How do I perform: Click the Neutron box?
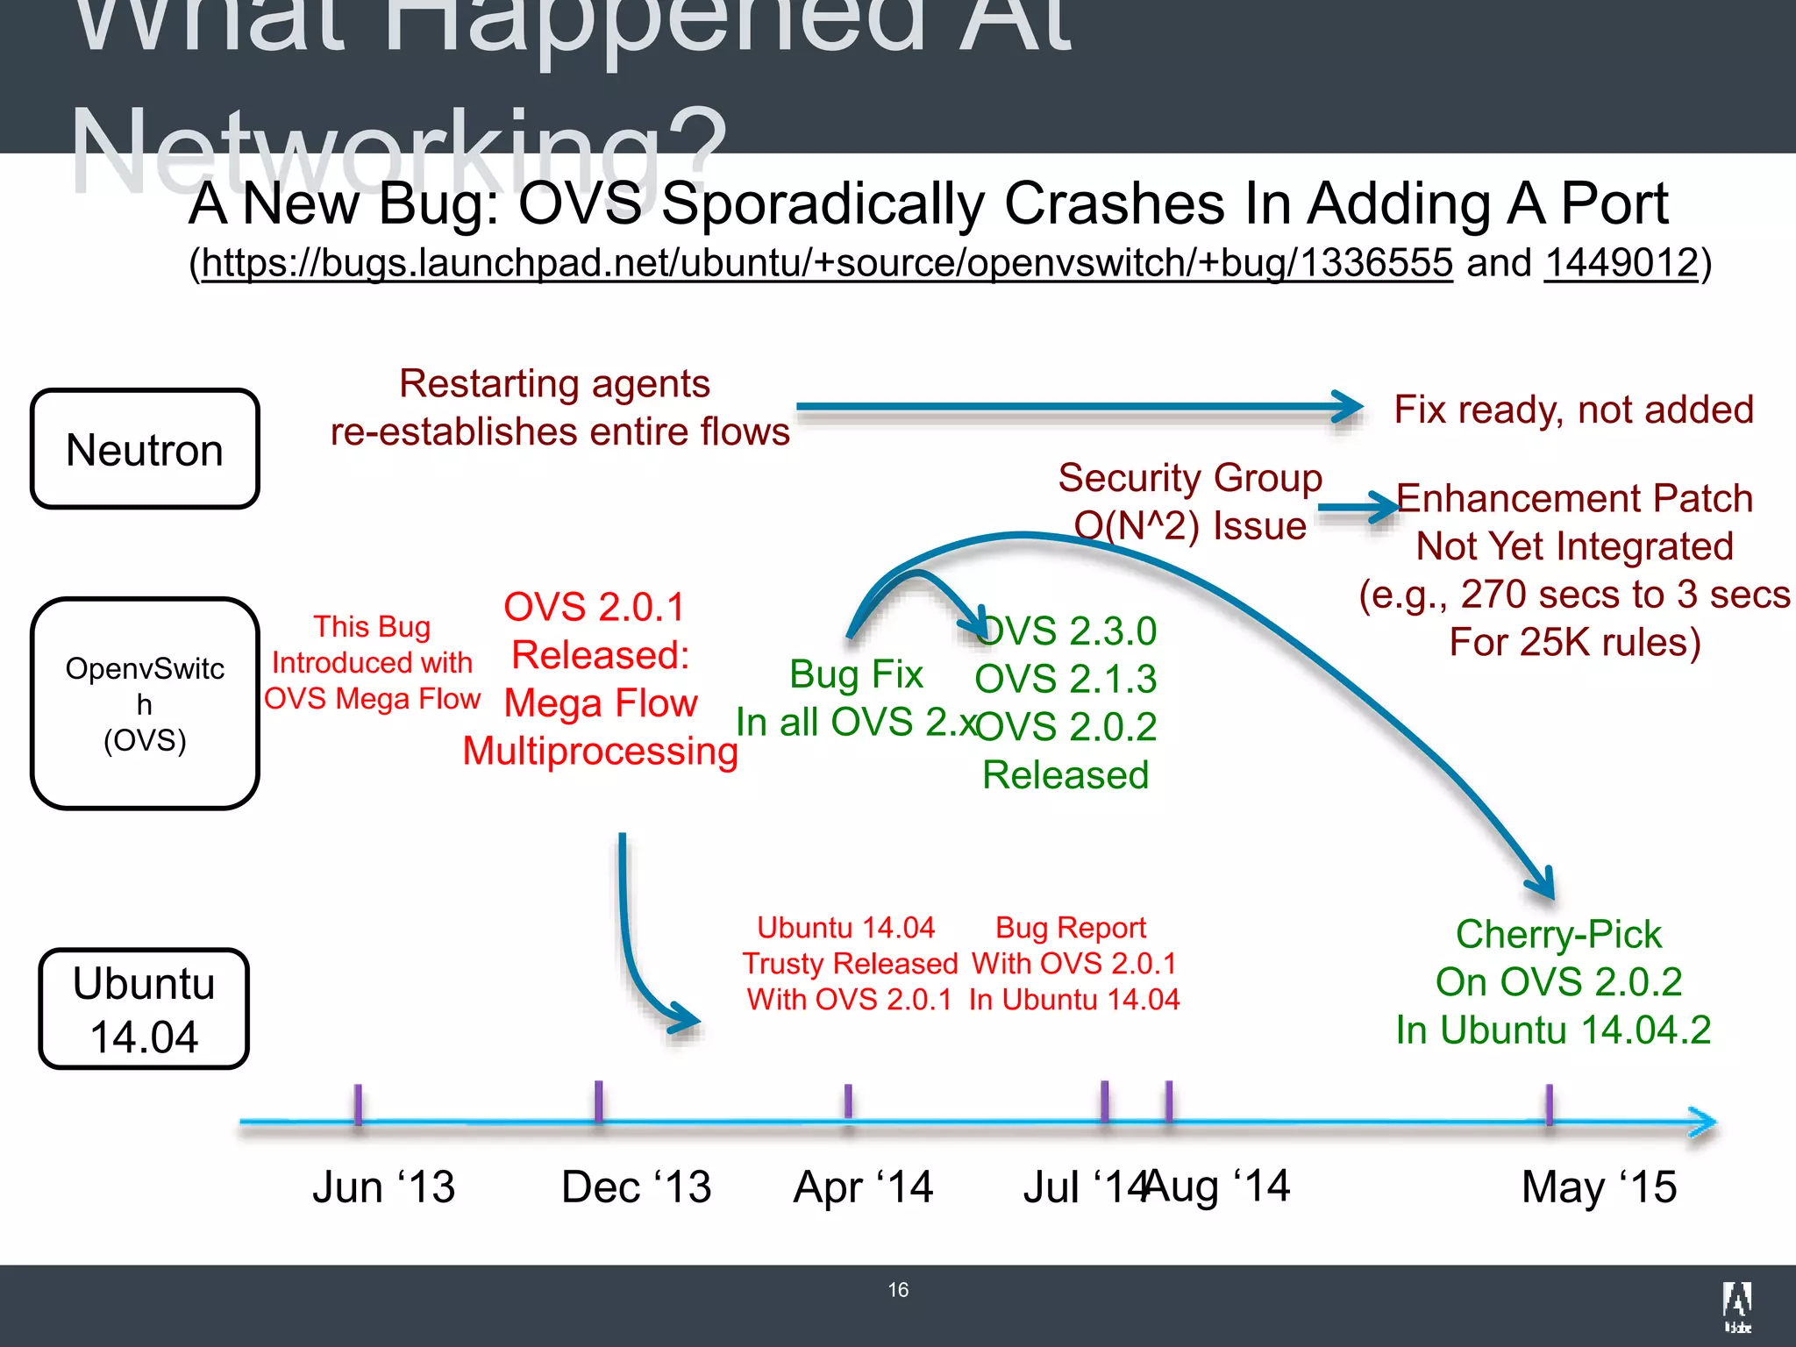(145, 449)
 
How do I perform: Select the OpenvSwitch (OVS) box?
(145, 703)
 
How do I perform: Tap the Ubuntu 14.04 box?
(145, 1008)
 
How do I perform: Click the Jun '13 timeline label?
(384, 1187)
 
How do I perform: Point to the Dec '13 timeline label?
(636, 1187)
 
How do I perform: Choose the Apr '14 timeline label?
(863, 1187)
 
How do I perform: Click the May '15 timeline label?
(1599, 1187)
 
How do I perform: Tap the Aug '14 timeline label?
(1219, 1186)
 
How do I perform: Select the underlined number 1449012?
(1621, 263)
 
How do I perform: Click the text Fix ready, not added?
(1574, 410)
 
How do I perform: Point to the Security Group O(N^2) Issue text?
(1190, 502)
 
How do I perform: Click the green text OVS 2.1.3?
(1065, 679)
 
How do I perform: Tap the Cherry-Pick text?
(1558, 934)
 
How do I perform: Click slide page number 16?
(898, 1290)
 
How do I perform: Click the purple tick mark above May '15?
(1550, 1105)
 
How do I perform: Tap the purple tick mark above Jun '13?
(358, 1105)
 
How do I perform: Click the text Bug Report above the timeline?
(1071, 928)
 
